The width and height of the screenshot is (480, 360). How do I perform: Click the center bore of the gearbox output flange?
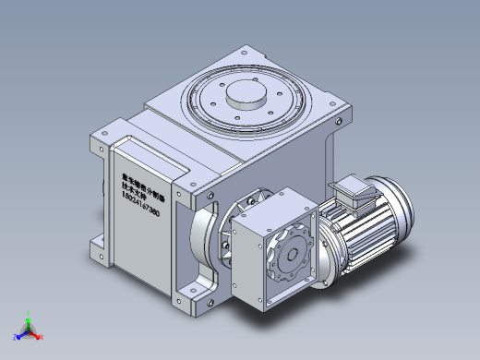(x=288, y=256)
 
